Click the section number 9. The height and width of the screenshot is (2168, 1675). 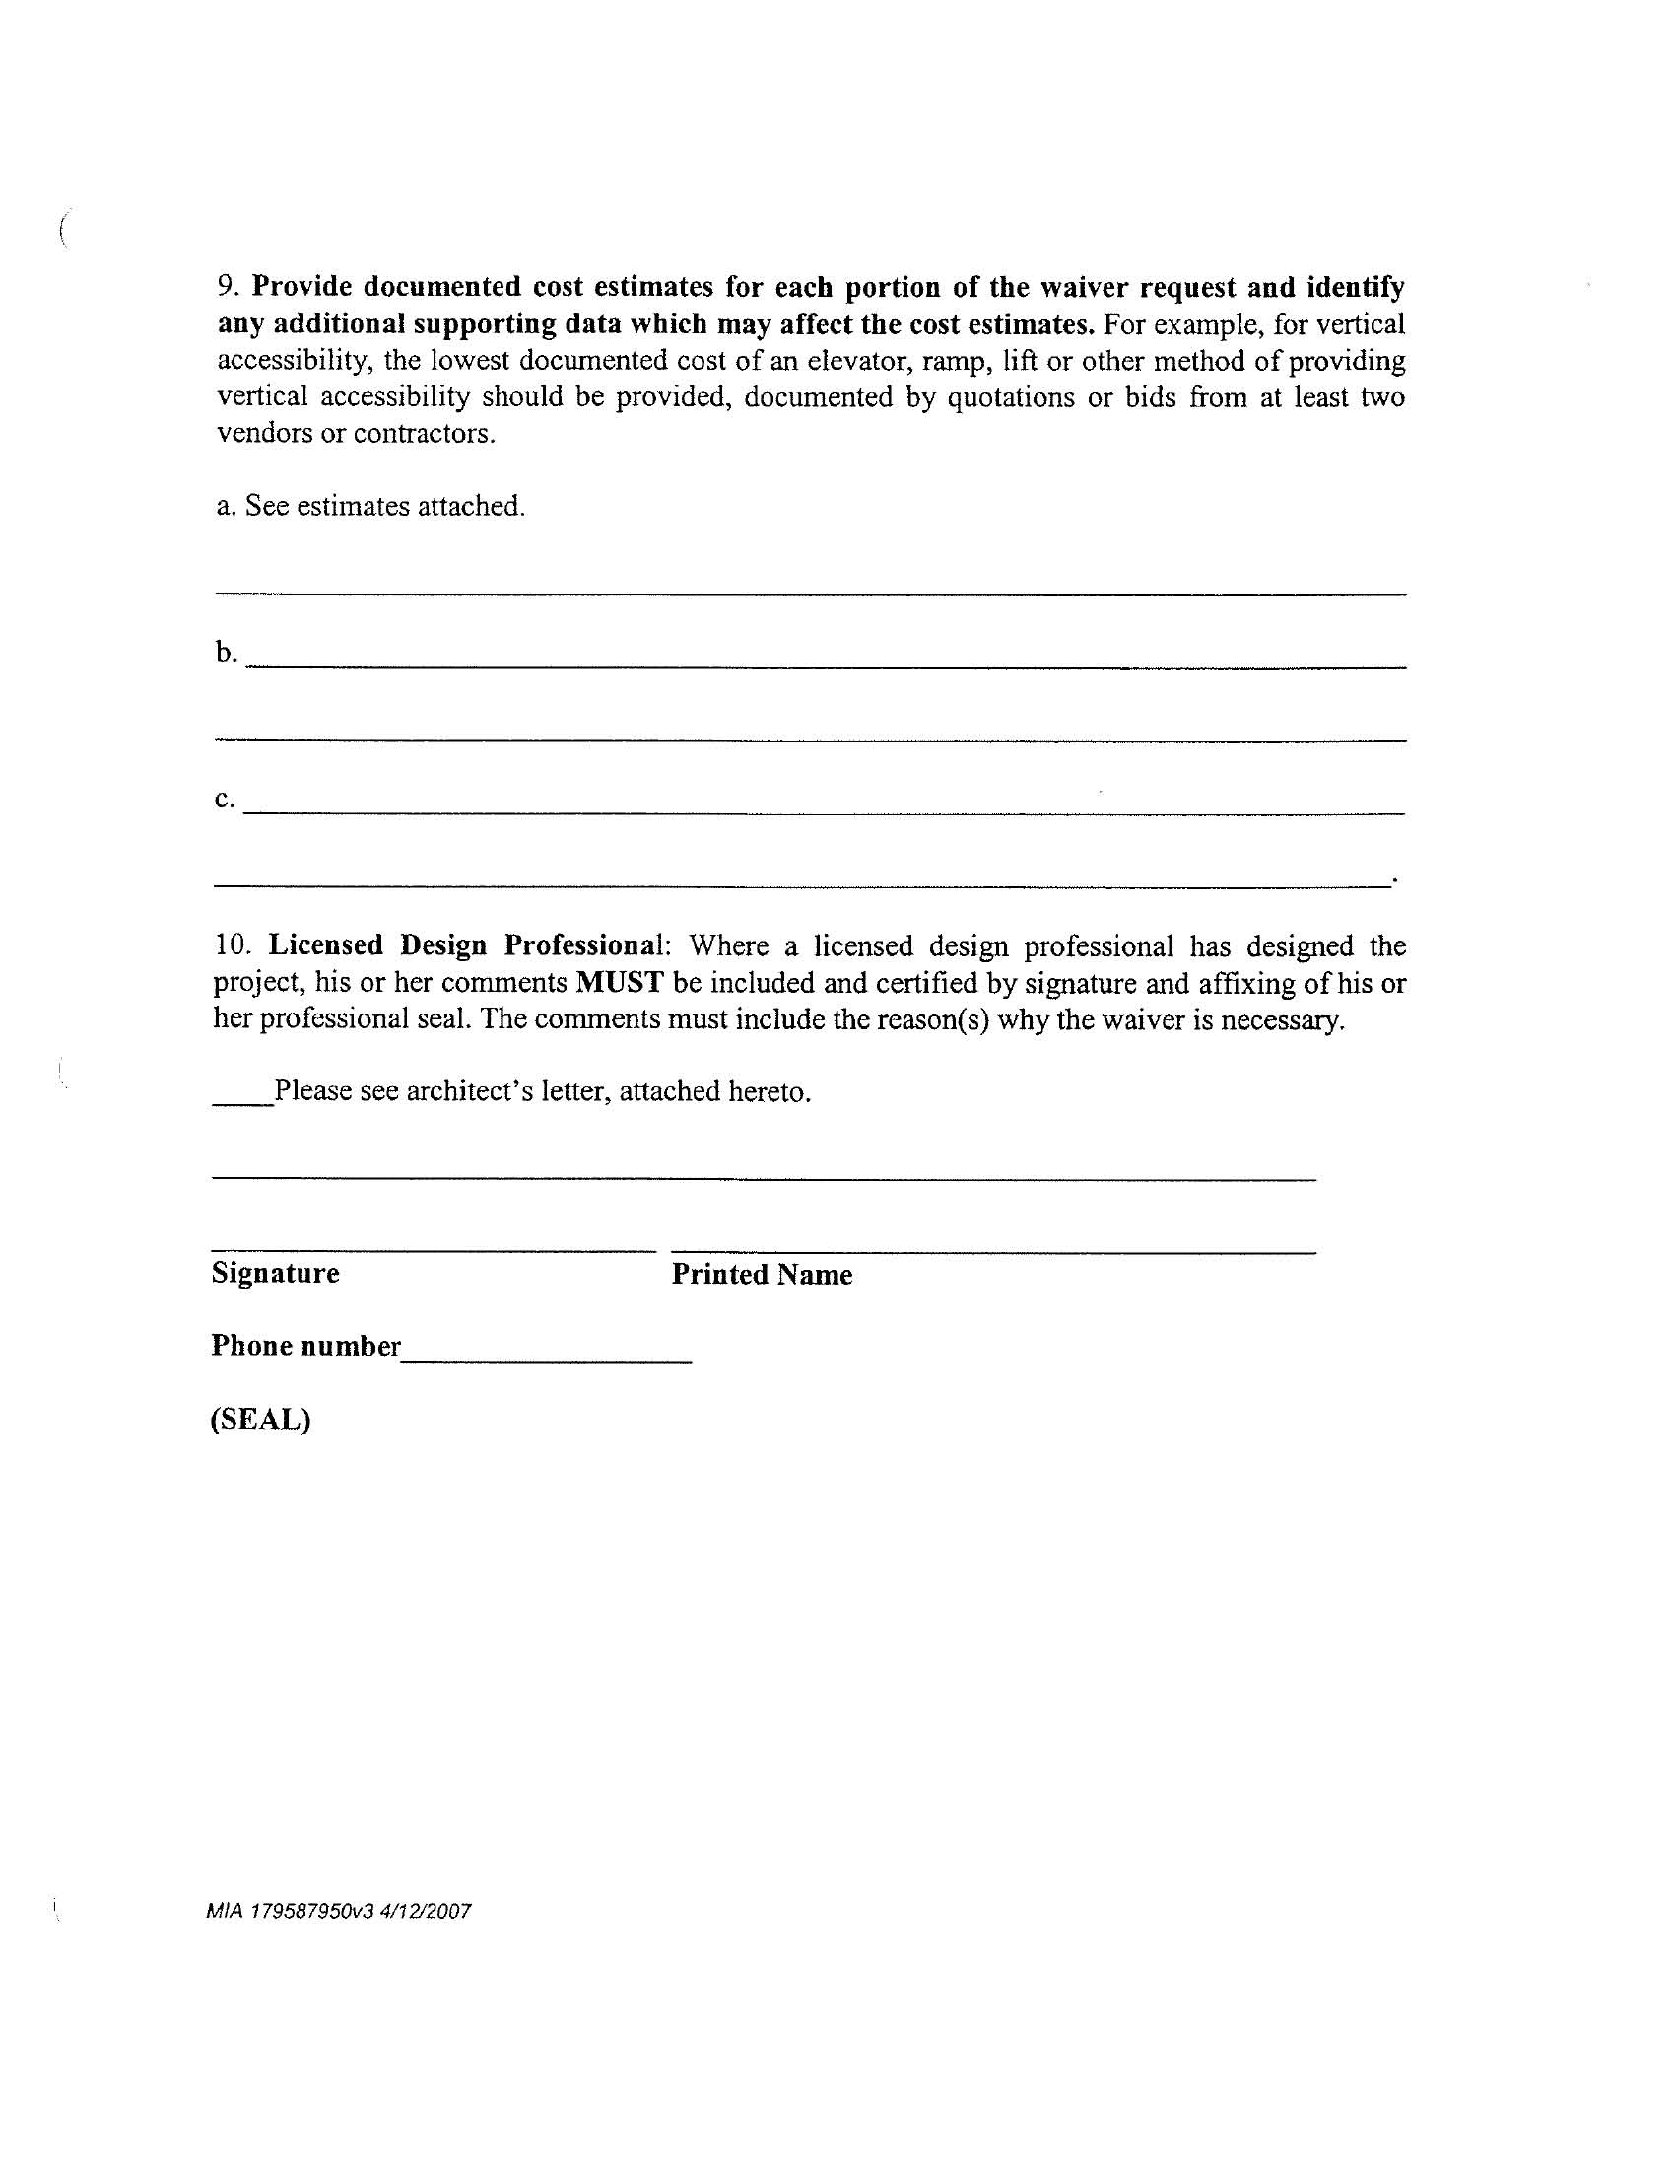coord(228,287)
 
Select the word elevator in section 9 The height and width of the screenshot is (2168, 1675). coord(850,360)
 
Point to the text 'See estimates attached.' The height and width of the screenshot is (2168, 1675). coord(384,507)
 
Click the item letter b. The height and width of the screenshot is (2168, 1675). coord(226,653)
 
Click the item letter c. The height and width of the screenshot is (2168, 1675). coord(224,800)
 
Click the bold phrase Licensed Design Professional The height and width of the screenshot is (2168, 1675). coord(464,945)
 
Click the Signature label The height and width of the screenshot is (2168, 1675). coord(275,1274)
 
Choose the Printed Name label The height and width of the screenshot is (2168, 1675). coord(761,1275)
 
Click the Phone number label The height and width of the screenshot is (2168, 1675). coord(305,1346)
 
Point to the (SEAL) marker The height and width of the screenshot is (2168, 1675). coord(260,1420)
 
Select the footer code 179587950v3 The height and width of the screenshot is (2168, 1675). coord(310,1911)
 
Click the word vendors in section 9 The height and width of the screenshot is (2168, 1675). coord(264,434)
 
